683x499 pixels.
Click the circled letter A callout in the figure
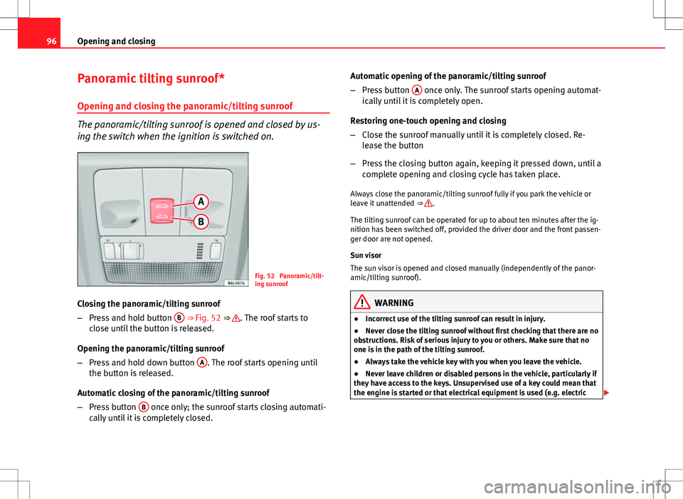(x=202, y=201)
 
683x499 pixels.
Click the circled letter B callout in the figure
(x=202, y=223)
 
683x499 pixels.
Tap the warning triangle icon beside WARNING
(x=371, y=302)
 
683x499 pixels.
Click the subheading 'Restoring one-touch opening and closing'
(x=430, y=120)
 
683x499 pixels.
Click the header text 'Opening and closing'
(x=117, y=41)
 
